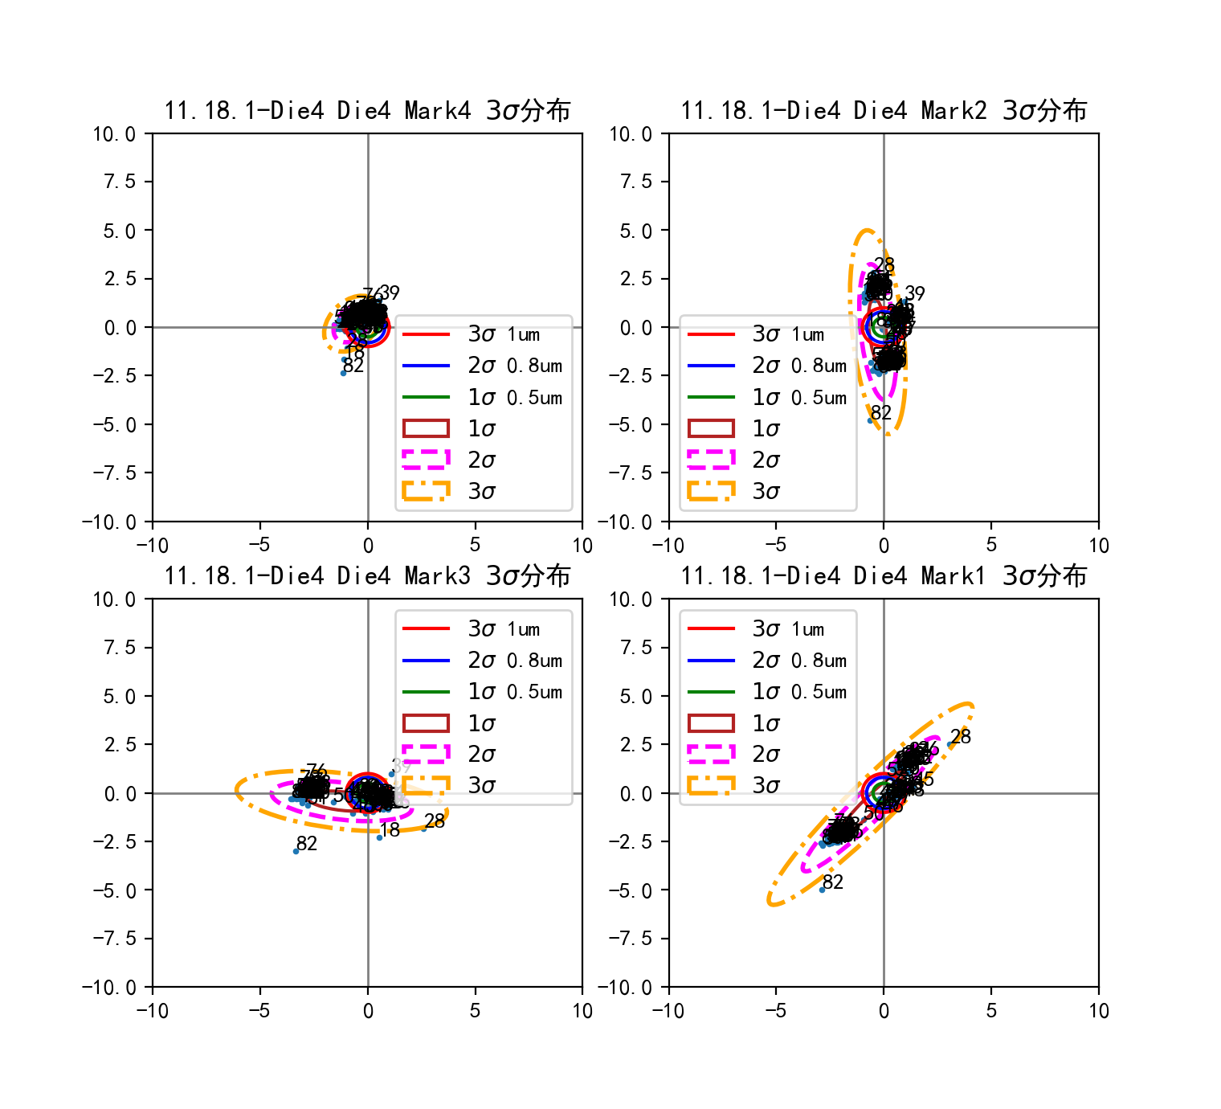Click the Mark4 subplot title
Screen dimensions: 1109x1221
367,110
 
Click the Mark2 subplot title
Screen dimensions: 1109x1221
884,110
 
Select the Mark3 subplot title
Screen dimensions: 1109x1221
367,575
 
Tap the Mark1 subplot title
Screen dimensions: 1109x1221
884,575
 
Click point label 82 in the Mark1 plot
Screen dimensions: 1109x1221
833,882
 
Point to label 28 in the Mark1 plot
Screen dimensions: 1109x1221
960,737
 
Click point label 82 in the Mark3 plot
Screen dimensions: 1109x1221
307,844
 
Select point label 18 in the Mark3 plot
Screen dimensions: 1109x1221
390,830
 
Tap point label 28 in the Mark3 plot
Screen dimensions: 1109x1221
435,820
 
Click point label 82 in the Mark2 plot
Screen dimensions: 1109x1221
881,413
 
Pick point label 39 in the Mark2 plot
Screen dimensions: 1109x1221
915,293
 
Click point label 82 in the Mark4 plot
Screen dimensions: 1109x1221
353,366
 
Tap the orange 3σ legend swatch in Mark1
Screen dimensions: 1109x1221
711,785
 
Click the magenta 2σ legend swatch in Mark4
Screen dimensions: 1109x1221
426,460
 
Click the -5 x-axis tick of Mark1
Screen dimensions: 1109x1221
776,1011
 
